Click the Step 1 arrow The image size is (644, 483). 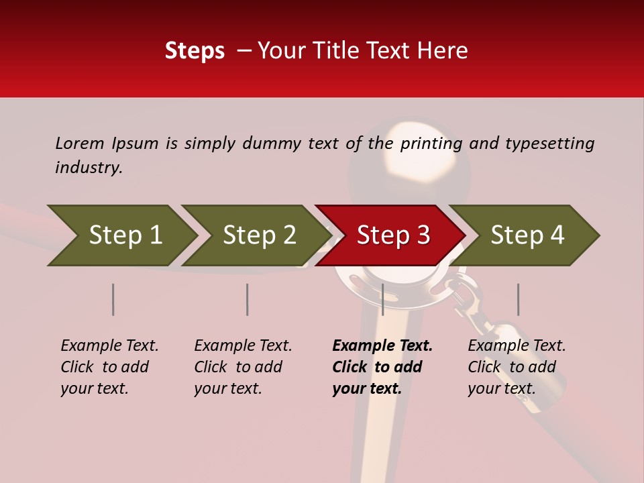pos(124,235)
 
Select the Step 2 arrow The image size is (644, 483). pos(258,235)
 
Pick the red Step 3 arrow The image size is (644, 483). pos(392,235)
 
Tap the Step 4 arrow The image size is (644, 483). pos(527,235)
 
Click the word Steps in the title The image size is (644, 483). pos(195,51)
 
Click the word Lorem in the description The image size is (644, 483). pos(80,143)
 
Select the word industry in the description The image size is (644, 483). pos(88,168)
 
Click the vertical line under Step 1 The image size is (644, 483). pos(113,299)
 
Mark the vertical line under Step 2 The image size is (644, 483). pos(247,299)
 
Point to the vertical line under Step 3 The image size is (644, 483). pos(382,299)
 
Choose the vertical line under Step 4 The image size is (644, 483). pos(518,299)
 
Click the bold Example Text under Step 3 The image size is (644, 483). pos(382,346)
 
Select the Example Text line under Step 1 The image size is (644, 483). pos(109,346)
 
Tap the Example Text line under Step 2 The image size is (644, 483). pos(243,346)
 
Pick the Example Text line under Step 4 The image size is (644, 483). pos(517,346)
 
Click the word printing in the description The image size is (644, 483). pos(431,143)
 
